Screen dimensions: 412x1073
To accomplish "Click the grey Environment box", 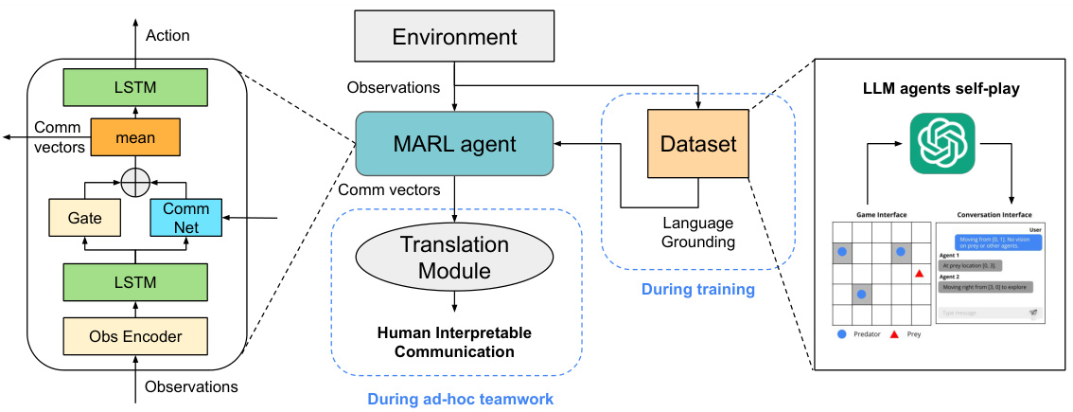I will pyautogui.click(x=454, y=38).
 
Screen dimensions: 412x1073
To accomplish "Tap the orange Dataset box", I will pyautogui.click(x=698, y=144).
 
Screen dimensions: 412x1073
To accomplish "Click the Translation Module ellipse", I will pyautogui.click(x=454, y=257).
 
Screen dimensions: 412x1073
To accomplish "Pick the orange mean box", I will pyautogui.click(x=136, y=136).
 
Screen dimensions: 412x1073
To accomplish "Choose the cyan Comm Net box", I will pyautogui.click(x=185, y=217).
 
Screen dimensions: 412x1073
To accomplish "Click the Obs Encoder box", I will pyautogui.click(x=135, y=336).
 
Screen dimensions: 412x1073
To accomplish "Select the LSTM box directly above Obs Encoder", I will pyautogui.click(x=135, y=282).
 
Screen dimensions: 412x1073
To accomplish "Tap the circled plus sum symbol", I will pyautogui.click(x=135, y=177).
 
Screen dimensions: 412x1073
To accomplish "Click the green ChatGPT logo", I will pyautogui.click(x=941, y=143).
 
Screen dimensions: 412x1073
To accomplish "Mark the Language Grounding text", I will pyautogui.click(x=697, y=232).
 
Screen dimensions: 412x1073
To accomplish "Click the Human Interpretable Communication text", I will pyautogui.click(x=454, y=342).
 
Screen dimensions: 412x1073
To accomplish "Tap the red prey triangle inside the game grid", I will pyautogui.click(x=919, y=274).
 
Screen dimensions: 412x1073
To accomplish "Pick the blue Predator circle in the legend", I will pyautogui.click(x=842, y=334).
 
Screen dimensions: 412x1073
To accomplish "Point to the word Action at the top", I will pyautogui.click(x=167, y=35).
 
